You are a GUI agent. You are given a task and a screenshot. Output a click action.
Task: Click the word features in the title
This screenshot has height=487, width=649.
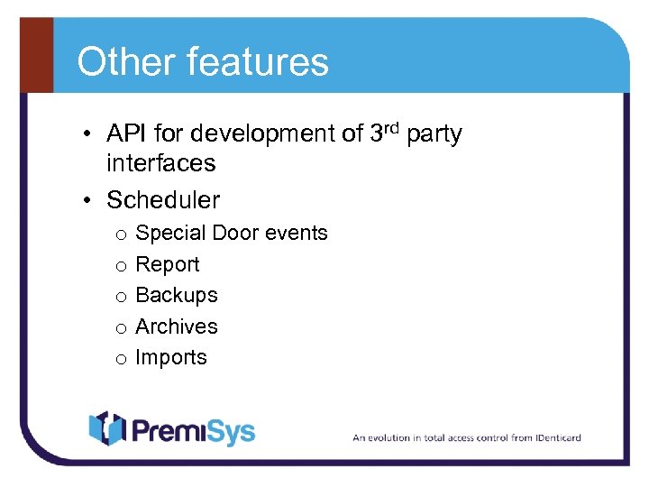click(x=257, y=62)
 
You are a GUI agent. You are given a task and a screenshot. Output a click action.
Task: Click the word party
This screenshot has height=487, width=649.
click(x=434, y=135)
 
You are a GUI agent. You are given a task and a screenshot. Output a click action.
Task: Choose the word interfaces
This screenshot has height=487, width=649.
click(x=160, y=163)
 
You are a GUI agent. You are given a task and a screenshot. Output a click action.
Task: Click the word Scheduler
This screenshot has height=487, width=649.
click(x=163, y=199)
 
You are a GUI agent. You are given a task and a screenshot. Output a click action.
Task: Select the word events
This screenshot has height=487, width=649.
click(x=297, y=233)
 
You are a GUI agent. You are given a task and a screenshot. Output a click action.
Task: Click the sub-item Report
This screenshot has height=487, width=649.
click(x=167, y=264)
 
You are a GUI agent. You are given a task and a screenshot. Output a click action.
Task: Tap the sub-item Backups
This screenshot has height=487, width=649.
click(x=176, y=295)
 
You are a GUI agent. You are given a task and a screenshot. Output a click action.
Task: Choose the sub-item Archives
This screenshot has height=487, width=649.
click(x=176, y=326)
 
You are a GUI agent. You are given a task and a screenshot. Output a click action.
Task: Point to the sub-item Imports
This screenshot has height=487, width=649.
click(x=170, y=357)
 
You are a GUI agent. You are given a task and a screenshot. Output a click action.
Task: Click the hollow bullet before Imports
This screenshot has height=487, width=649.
click(x=119, y=358)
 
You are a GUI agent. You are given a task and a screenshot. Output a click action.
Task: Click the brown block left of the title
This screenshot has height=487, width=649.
click(x=35, y=55)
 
